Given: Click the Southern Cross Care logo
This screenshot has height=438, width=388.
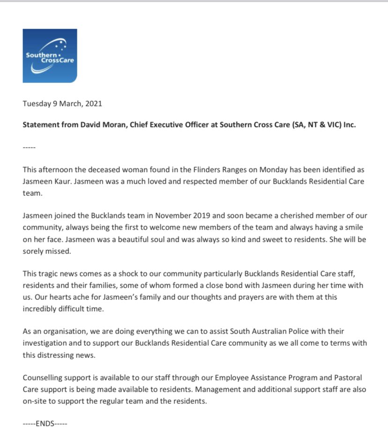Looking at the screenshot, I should coord(50,56).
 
